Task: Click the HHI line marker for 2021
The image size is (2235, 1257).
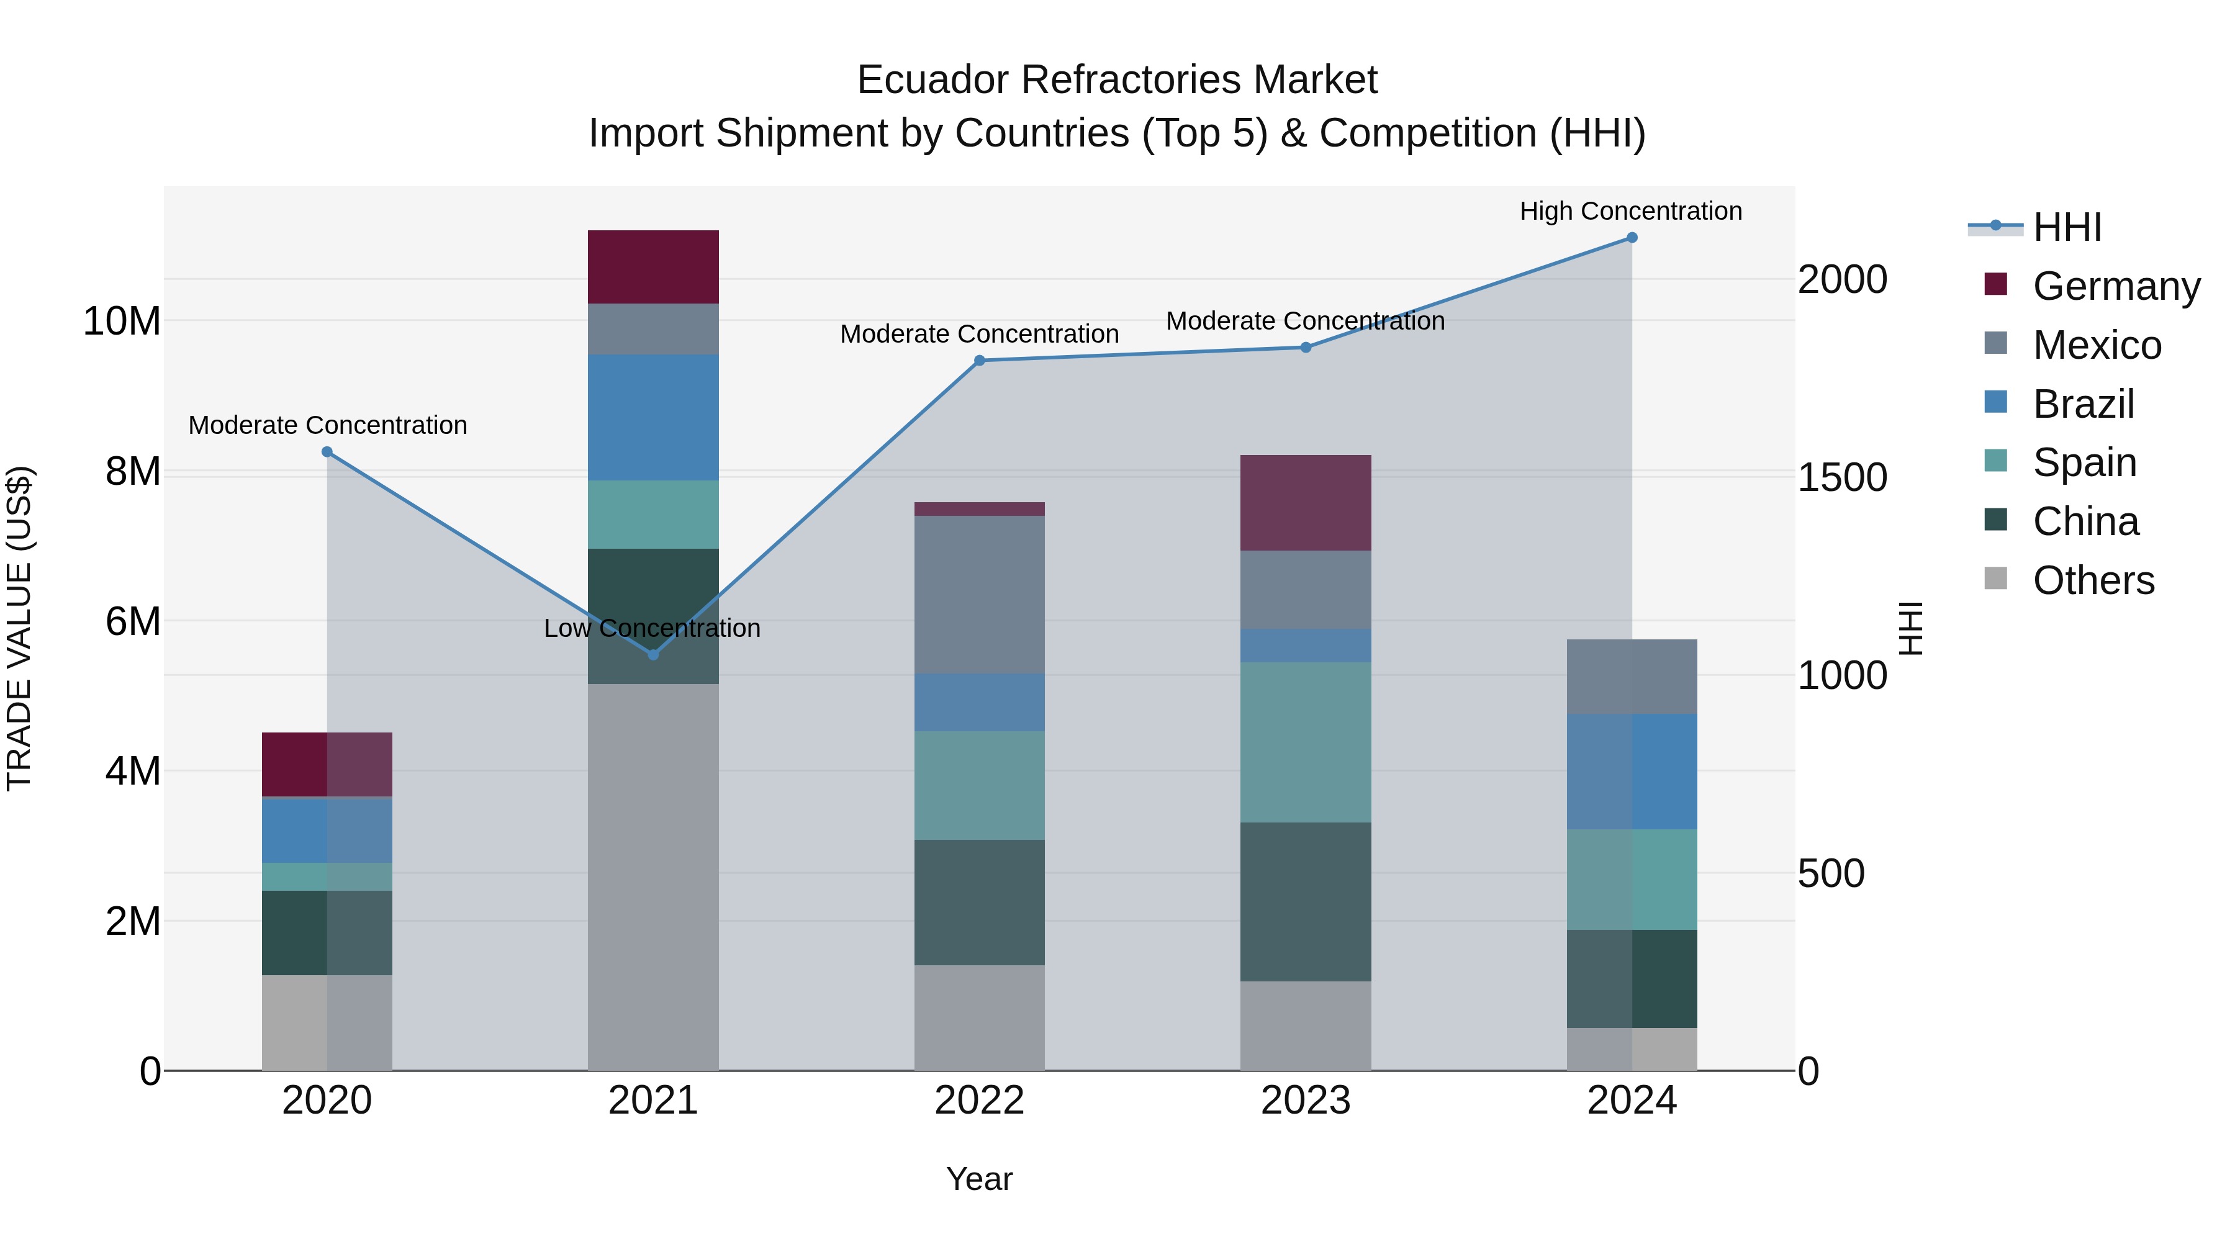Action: [x=653, y=654]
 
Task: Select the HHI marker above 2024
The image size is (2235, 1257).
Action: [x=1631, y=238]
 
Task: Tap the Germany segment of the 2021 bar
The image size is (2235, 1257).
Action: [x=653, y=266]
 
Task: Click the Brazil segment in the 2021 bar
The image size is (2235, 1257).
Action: [x=653, y=417]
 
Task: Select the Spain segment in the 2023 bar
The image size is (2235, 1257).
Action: [x=1305, y=742]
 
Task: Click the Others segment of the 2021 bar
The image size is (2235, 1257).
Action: [x=653, y=876]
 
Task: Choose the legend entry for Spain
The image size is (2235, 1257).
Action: [x=2084, y=462]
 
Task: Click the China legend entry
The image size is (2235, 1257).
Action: [x=2085, y=521]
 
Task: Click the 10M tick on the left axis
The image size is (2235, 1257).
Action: [x=122, y=321]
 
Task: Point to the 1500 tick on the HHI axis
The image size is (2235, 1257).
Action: [x=1841, y=477]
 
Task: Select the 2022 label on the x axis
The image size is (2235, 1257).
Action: [x=980, y=1101]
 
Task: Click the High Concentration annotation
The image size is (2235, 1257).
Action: [x=1630, y=211]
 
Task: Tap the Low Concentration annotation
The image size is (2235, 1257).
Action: [x=652, y=628]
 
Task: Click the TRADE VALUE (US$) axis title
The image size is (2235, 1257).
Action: [x=19, y=628]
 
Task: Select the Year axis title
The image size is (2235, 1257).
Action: [x=980, y=1179]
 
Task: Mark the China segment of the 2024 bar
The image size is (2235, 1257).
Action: [x=1631, y=978]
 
